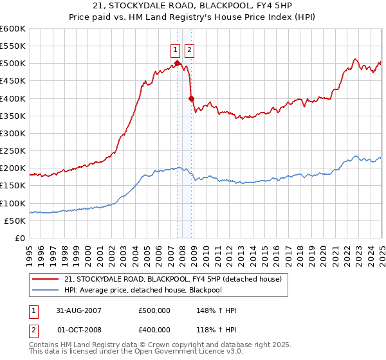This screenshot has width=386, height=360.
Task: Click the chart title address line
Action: (193, 7)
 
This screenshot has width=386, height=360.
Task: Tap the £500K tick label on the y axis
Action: (13, 64)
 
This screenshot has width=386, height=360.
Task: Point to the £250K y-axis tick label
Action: (13, 151)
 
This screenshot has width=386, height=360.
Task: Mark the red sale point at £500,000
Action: (177, 63)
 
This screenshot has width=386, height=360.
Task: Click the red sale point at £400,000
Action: (191, 98)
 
